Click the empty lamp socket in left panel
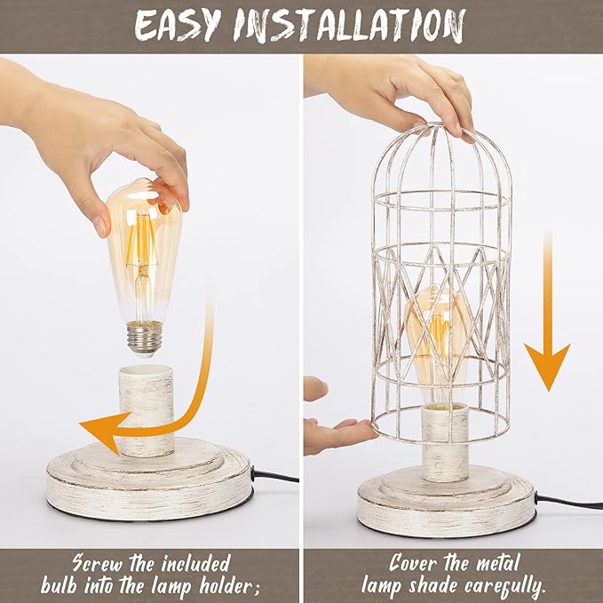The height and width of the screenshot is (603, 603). [x=147, y=404]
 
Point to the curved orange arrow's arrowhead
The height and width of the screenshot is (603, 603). [x=96, y=433]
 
